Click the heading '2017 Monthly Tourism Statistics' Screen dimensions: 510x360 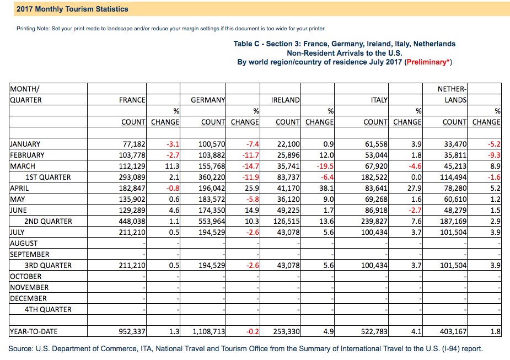(72, 9)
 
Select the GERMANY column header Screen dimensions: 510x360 (208, 100)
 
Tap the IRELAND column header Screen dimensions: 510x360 (285, 100)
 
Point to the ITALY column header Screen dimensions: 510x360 (379, 100)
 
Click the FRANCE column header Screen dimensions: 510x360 (132, 100)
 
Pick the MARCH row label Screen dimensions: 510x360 (23, 166)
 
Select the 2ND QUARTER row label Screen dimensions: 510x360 (48, 221)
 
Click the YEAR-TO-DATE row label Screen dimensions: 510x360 (34, 331)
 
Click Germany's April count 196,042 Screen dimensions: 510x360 (212, 189)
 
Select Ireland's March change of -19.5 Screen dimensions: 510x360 (325, 166)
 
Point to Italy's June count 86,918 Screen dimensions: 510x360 (377, 211)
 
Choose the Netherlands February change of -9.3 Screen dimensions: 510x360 (494, 155)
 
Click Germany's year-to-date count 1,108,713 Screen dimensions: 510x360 (209, 331)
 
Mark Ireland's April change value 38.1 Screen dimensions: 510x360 (326, 189)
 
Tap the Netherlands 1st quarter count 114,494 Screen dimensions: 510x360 (453, 177)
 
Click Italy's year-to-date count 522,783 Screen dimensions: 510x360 (374, 331)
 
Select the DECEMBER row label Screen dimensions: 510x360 (28, 299)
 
